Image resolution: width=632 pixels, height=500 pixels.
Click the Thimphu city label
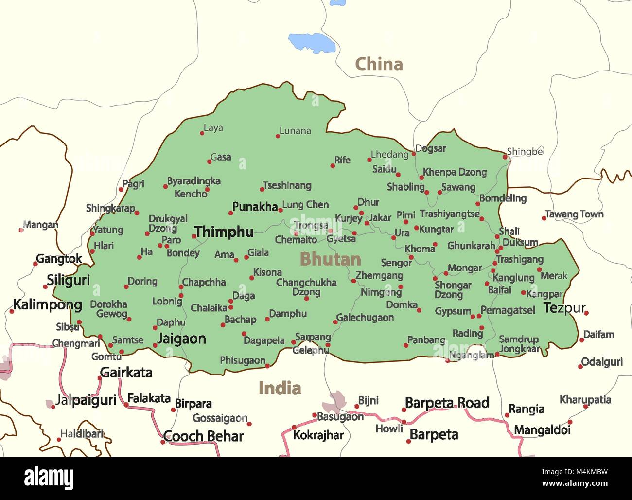coord(224,232)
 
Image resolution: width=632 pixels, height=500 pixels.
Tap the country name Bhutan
coord(330,259)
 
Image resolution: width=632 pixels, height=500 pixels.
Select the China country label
coord(379,64)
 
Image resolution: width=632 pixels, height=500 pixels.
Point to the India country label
coord(280,388)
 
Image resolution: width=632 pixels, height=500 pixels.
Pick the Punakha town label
coord(255,207)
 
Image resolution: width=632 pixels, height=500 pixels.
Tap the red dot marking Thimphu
coord(194,236)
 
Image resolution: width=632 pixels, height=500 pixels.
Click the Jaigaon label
coord(181,339)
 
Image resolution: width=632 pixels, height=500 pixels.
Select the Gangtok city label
coord(59,259)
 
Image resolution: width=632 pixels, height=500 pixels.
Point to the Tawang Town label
coord(574,214)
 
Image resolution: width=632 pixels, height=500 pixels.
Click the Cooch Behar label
coord(203,436)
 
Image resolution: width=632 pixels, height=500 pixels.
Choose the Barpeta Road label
coord(447,403)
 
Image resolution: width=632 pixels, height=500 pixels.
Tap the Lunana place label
coord(295,131)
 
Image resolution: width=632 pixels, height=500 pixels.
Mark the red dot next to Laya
coord(202,133)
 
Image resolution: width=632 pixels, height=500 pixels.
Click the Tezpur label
coord(564,308)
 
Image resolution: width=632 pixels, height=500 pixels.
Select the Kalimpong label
coord(47,305)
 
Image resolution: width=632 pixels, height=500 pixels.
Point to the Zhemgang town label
coord(379,276)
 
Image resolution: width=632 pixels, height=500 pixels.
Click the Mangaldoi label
coord(542,430)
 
